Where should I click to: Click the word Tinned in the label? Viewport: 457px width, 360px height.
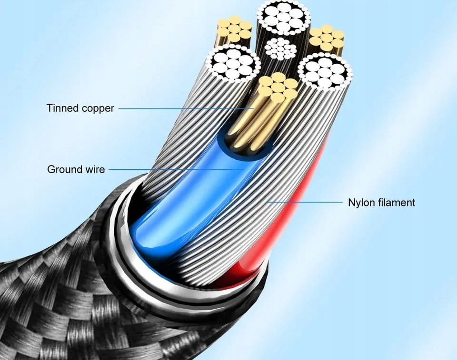click(62, 108)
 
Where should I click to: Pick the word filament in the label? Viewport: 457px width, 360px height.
click(397, 203)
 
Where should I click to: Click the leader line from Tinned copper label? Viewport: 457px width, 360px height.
click(181, 109)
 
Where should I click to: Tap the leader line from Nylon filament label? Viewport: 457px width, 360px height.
click(305, 202)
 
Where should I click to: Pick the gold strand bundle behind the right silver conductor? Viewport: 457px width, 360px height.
click(327, 38)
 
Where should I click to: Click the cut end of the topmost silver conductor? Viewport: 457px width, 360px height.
click(283, 18)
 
